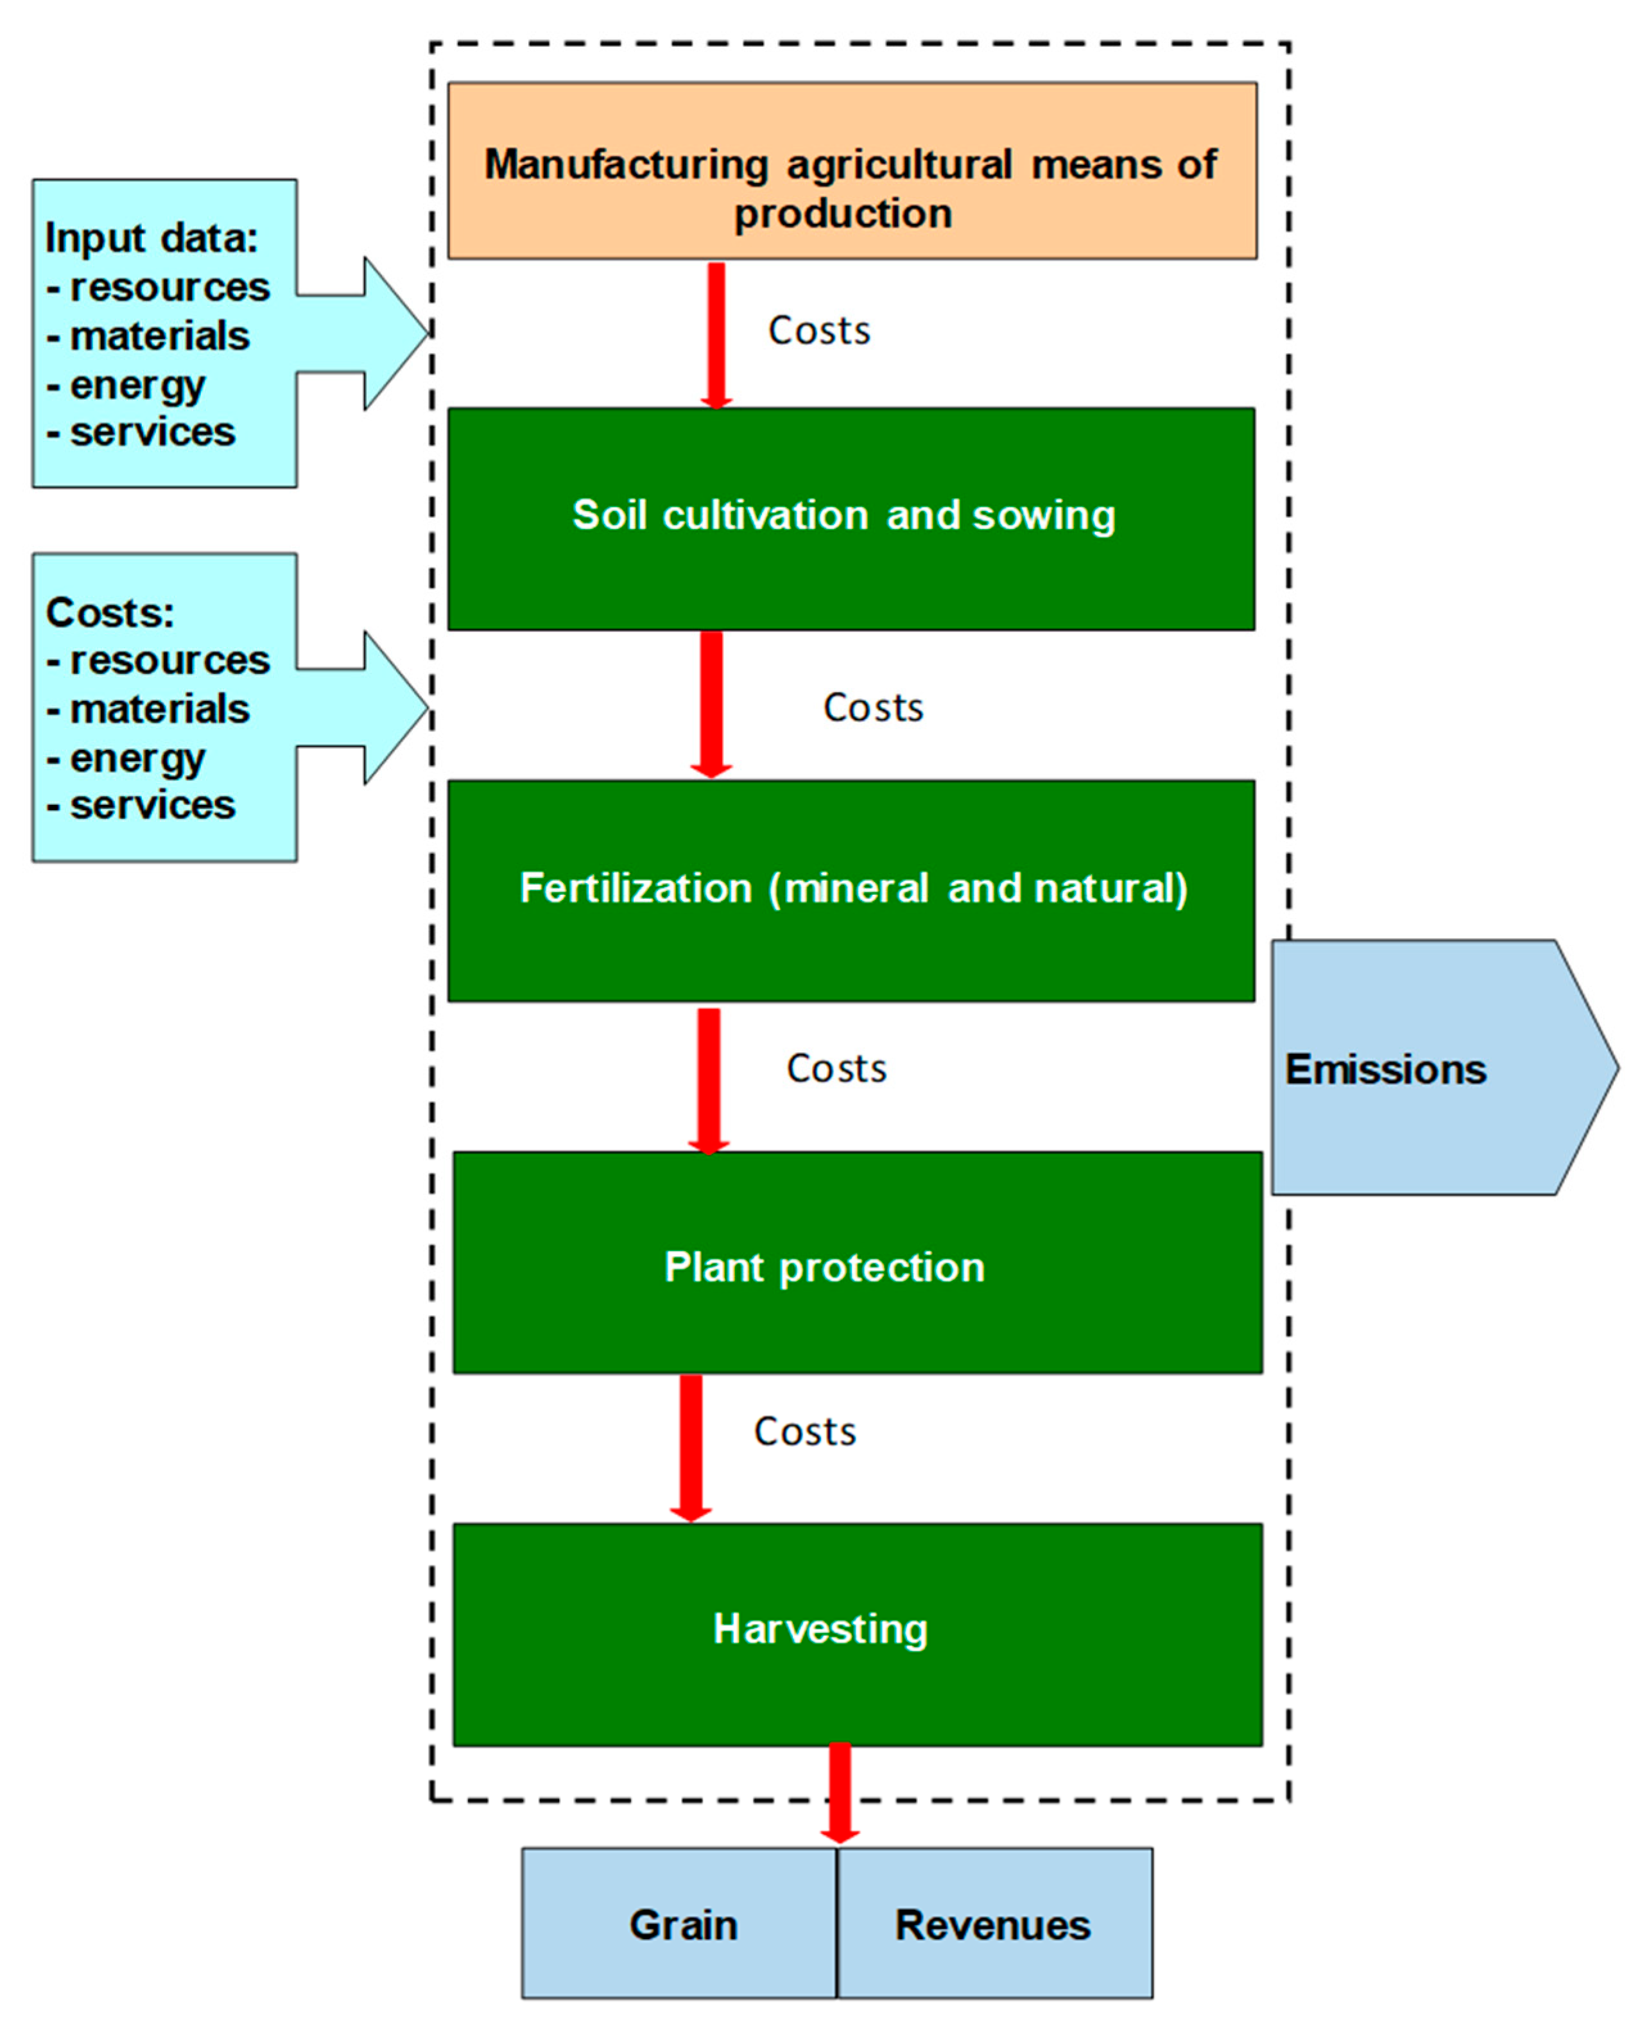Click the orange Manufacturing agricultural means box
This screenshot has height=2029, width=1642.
tap(851, 170)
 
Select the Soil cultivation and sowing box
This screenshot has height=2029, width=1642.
tap(851, 519)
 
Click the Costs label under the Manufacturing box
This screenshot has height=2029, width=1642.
tap(819, 331)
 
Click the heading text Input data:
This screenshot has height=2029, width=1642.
tap(151, 237)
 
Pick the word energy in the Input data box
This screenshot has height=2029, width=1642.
tap(137, 385)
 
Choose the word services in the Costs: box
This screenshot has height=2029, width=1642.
tap(152, 805)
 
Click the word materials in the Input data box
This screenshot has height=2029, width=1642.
tap(159, 336)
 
